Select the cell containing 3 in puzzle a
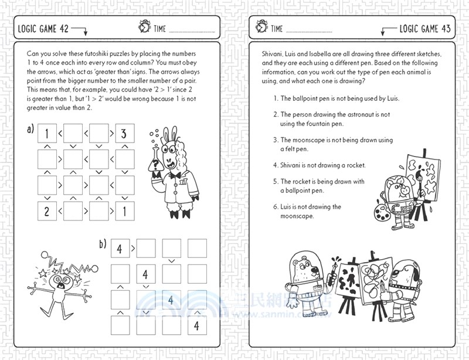[124, 133]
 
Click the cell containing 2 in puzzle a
[47, 210]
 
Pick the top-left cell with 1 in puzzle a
[47, 133]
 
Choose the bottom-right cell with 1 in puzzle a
[124, 210]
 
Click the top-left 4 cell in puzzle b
[120, 248]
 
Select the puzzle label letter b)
[103, 244]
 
